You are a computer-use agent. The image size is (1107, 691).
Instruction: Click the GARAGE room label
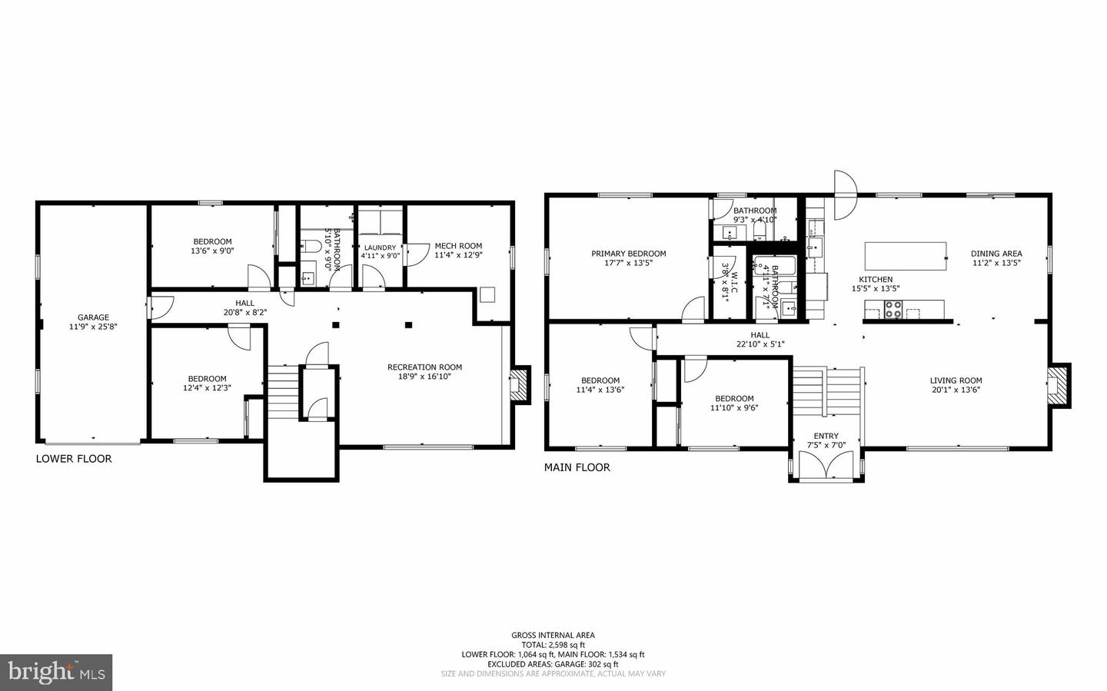point(93,317)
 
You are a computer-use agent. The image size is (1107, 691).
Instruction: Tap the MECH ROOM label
point(458,246)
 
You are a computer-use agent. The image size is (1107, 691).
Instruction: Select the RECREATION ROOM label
point(424,367)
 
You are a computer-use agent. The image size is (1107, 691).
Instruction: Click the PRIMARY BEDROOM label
point(628,254)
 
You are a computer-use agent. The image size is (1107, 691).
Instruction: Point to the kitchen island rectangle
point(905,256)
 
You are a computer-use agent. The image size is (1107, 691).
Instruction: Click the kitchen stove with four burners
point(893,311)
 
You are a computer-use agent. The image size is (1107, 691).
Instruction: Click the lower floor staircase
point(282,392)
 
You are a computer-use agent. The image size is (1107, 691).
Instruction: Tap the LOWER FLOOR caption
point(74,459)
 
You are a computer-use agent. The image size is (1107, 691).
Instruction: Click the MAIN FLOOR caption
point(577,467)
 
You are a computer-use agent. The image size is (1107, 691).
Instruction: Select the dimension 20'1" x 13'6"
point(956,390)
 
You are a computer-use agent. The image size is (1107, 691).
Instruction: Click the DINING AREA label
point(996,254)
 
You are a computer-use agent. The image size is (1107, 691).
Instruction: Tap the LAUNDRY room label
point(380,247)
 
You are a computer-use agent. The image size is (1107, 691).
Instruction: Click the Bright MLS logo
point(56,673)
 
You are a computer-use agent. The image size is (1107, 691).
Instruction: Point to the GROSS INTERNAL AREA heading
point(553,635)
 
